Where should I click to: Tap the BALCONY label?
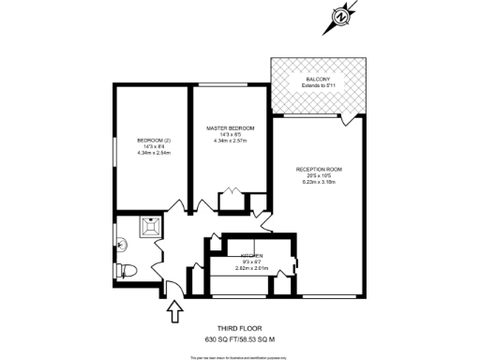click(x=318, y=79)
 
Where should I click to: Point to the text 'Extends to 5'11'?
click(x=318, y=85)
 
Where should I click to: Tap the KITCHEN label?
click(x=250, y=256)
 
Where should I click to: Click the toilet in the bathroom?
click(x=127, y=271)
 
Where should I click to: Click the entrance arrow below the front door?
click(x=174, y=309)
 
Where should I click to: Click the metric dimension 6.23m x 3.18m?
click(x=319, y=182)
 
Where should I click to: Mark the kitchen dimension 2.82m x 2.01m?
click(x=250, y=268)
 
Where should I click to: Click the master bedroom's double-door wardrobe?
click(x=230, y=200)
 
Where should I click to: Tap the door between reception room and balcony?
click(x=349, y=118)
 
